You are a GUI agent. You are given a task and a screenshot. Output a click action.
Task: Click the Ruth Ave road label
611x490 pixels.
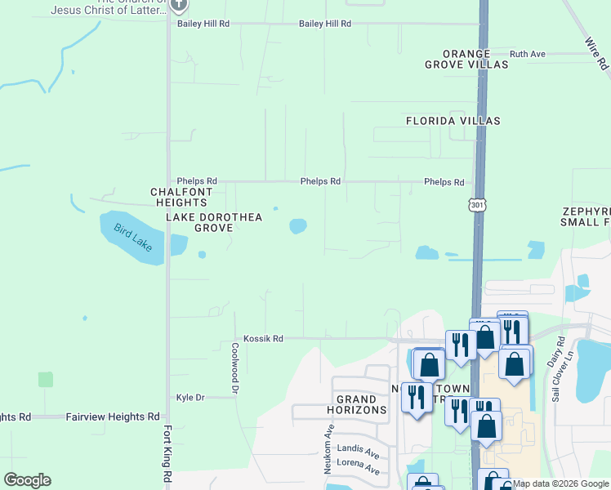coord(527,54)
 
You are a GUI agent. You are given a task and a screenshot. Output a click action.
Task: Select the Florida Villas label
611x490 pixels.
coord(453,121)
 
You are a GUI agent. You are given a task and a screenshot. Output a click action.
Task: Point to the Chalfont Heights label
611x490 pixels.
coord(181,197)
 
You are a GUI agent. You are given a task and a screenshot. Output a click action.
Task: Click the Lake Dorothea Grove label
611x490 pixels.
coord(200,222)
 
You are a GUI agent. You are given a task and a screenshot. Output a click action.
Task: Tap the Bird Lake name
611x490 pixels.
coord(132,238)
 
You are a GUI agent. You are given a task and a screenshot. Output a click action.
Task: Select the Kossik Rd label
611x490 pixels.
coord(263,338)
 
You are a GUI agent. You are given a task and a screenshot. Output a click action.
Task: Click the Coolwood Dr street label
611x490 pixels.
coord(234,368)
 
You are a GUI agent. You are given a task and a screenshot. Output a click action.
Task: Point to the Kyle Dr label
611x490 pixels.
coord(190,398)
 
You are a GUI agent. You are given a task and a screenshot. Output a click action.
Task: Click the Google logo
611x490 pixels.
coord(27,479)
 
